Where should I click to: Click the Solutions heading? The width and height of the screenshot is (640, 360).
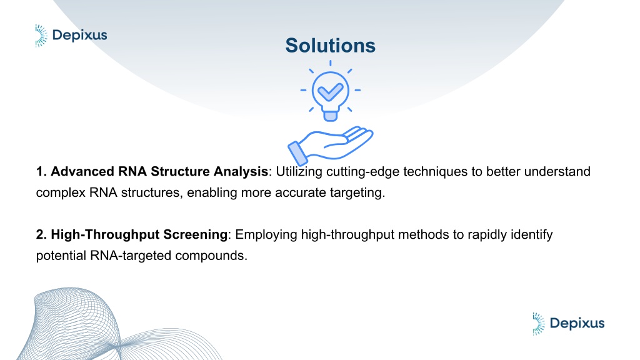click(330, 45)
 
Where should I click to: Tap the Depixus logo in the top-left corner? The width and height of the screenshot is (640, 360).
click(71, 36)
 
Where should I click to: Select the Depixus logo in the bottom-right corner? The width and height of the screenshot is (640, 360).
click(568, 324)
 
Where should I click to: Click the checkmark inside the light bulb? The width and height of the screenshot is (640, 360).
click(330, 92)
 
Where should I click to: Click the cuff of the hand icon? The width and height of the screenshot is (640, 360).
click(297, 154)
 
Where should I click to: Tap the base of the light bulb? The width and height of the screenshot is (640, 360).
click(330, 116)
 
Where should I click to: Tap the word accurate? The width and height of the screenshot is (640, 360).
click(299, 192)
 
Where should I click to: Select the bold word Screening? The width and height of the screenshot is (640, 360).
click(195, 235)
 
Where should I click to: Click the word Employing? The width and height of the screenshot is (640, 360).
click(266, 235)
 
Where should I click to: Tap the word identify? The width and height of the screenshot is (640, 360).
click(530, 235)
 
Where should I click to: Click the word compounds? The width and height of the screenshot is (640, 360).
click(211, 256)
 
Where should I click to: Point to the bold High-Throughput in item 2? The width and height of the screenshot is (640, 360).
click(105, 235)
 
